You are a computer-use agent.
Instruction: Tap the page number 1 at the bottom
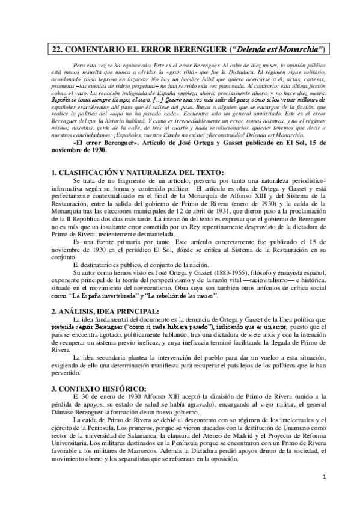click(323, 494)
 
